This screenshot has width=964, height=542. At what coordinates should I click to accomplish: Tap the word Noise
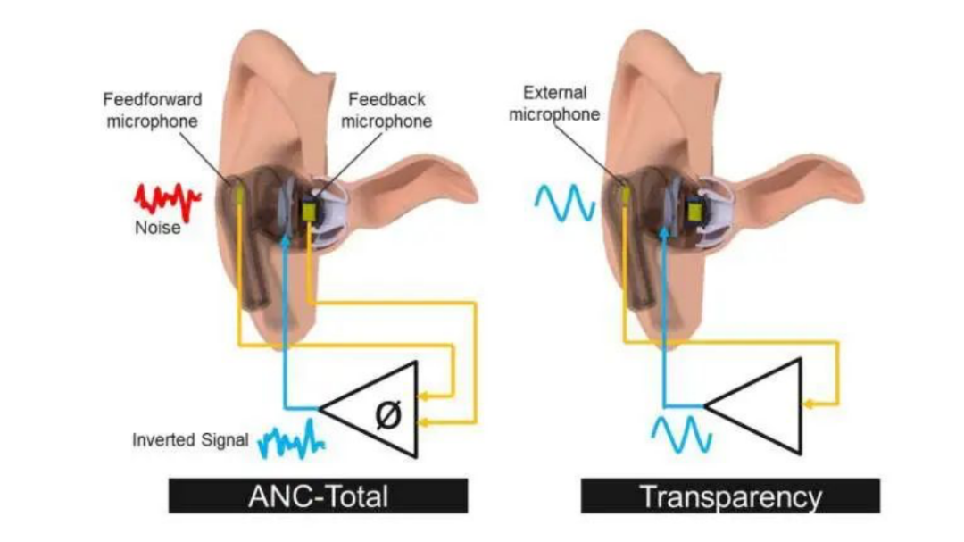[x=157, y=228]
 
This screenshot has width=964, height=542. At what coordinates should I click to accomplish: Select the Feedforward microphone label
[x=153, y=110]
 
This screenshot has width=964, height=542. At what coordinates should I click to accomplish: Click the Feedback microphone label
[x=386, y=110]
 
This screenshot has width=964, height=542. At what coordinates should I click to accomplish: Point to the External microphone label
[x=554, y=104]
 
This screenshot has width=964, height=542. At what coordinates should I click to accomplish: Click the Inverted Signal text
[x=191, y=440]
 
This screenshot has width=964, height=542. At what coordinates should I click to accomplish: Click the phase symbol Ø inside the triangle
[x=388, y=414]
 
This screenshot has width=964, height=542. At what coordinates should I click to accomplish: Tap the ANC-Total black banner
[x=318, y=496]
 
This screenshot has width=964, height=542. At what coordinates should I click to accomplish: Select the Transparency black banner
[x=730, y=496]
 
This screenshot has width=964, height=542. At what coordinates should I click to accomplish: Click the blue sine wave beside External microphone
[x=564, y=203]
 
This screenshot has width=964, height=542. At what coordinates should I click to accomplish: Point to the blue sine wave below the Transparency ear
[x=681, y=434]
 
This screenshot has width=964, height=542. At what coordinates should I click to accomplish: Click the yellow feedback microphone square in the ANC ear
[x=309, y=211]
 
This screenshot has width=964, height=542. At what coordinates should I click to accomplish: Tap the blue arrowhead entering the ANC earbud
[x=284, y=240]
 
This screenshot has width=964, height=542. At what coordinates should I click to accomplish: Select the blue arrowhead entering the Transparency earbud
[x=663, y=232]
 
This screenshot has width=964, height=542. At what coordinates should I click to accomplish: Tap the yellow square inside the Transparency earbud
[x=695, y=212]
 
